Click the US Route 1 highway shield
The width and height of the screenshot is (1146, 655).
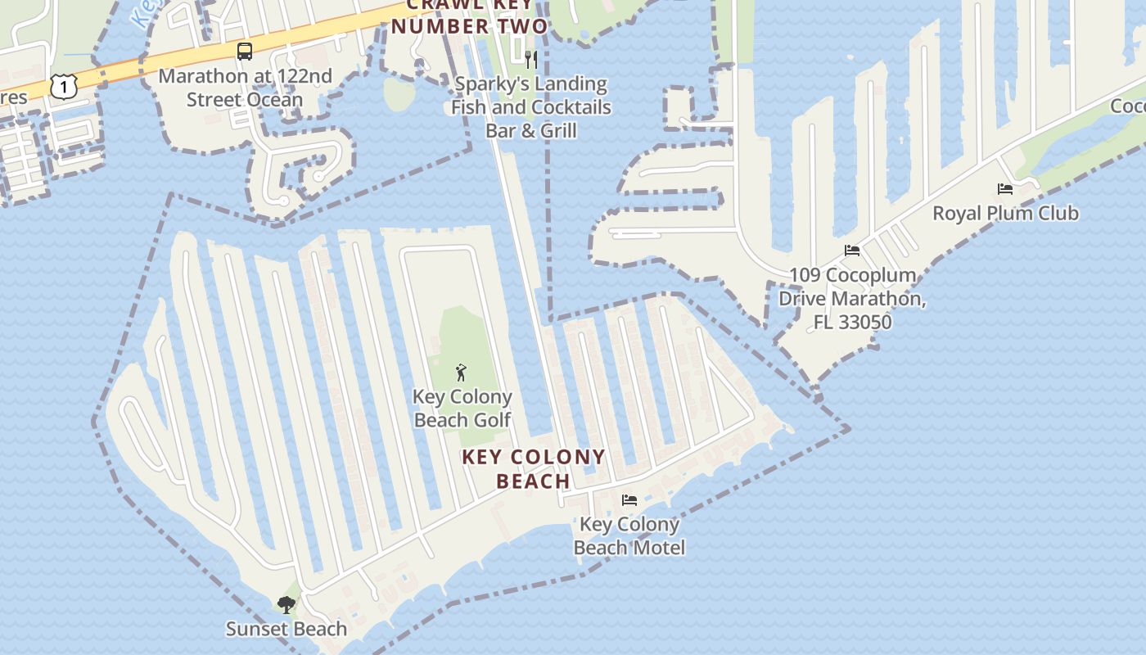click(63, 85)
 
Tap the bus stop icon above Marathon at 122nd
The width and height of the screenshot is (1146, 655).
click(244, 52)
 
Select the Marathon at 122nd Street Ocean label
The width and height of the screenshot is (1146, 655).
click(245, 88)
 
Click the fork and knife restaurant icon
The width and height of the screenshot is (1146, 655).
click(531, 59)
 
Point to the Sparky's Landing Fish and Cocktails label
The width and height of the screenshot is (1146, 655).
click(531, 106)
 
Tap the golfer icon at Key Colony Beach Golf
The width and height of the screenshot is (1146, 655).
click(462, 373)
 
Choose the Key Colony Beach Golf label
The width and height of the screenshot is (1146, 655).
click(462, 408)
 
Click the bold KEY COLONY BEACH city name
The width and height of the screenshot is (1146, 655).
click(534, 468)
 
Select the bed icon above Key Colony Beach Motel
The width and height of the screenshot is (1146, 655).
click(629, 499)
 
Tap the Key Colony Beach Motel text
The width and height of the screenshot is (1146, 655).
click(629, 535)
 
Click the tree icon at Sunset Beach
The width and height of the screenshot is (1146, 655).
click(286, 605)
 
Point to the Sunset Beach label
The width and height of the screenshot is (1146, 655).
click(286, 629)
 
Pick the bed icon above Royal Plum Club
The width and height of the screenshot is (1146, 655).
click(1005, 189)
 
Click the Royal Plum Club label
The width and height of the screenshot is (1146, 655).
click(1005, 213)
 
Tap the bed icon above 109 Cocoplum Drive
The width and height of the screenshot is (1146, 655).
click(852, 251)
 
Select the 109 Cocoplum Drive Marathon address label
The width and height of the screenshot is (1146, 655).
click(852, 298)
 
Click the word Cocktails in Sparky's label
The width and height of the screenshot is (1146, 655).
click(571, 107)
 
